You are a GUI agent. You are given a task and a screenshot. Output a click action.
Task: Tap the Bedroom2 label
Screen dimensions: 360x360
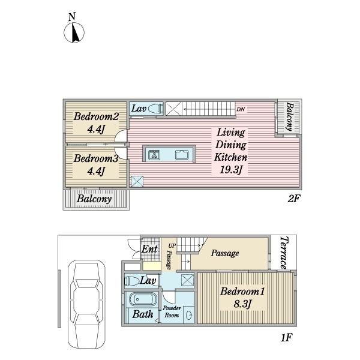(96, 116)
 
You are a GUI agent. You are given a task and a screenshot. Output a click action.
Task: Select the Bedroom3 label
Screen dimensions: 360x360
(96, 158)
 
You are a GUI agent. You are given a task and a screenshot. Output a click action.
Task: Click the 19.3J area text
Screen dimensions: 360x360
(231, 170)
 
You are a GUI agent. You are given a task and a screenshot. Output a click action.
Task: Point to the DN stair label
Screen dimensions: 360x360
(241, 109)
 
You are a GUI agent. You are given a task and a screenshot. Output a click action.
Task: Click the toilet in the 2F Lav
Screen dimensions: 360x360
(155, 109)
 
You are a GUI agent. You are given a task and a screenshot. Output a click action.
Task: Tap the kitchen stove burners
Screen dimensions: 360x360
(154, 155)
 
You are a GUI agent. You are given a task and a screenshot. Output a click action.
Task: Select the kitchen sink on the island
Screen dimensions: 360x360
(182, 155)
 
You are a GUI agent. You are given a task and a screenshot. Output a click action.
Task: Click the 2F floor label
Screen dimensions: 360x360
(293, 199)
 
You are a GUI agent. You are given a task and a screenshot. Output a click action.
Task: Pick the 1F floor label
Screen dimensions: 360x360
(286, 337)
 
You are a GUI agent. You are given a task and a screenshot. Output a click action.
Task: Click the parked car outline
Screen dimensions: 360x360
(87, 305)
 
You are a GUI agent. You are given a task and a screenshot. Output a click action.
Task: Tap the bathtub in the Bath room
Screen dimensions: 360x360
(142, 299)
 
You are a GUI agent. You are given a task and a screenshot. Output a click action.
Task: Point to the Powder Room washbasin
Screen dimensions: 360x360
(189, 315)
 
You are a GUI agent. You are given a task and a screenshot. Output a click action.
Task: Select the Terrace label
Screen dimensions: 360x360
(284, 253)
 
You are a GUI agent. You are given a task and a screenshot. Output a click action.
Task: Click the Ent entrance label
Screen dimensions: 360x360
(149, 249)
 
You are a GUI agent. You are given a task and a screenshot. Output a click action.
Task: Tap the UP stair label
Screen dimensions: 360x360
(172, 245)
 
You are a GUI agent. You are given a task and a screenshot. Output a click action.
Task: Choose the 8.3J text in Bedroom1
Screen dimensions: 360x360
(242, 304)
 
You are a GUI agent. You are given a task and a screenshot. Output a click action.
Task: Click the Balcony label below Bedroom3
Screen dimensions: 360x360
(94, 199)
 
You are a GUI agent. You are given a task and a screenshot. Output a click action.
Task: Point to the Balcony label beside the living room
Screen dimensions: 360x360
(290, 117)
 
